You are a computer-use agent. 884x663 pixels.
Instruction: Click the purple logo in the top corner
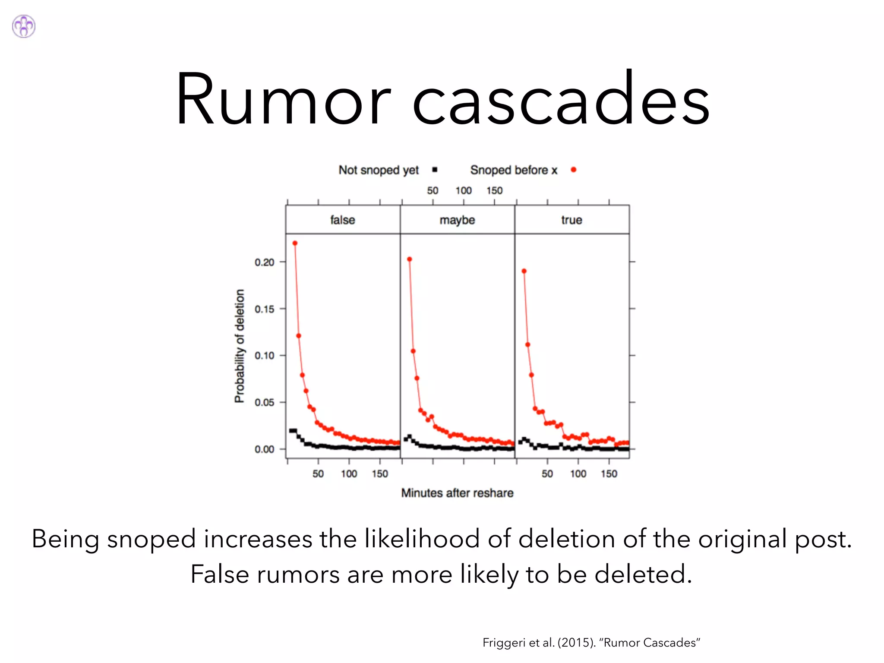tap(24, 26)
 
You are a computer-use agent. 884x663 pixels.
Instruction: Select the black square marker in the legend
tap(435, 170)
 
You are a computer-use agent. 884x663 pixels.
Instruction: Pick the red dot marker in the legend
tap(573, 170)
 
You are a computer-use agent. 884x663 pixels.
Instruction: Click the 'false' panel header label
tap(343, 220)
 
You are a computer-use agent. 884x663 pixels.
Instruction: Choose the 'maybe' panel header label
tap(457, 220)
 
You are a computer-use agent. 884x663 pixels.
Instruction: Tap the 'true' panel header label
tap(571, 220)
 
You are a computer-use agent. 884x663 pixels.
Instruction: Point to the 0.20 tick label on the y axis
tap(264, 262)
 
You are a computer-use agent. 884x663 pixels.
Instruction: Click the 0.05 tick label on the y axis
tap(264, 403)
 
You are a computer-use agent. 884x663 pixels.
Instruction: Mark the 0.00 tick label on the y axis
tap(264, 449)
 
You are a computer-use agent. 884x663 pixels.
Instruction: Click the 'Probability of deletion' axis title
tap(240, 346)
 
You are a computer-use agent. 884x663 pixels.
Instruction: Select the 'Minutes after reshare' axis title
tap(457, 493)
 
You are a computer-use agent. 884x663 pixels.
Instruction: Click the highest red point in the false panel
tap(295, 243)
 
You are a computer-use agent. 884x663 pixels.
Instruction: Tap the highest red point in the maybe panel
tap(410, 259)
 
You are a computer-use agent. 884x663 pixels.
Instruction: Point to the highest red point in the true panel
tap(524, 271)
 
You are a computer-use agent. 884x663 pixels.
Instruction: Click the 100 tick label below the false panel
tap(349, 474)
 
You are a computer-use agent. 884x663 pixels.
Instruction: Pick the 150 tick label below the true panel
tap(609, 474)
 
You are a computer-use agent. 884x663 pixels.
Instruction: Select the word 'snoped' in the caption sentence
tap(152, 539)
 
